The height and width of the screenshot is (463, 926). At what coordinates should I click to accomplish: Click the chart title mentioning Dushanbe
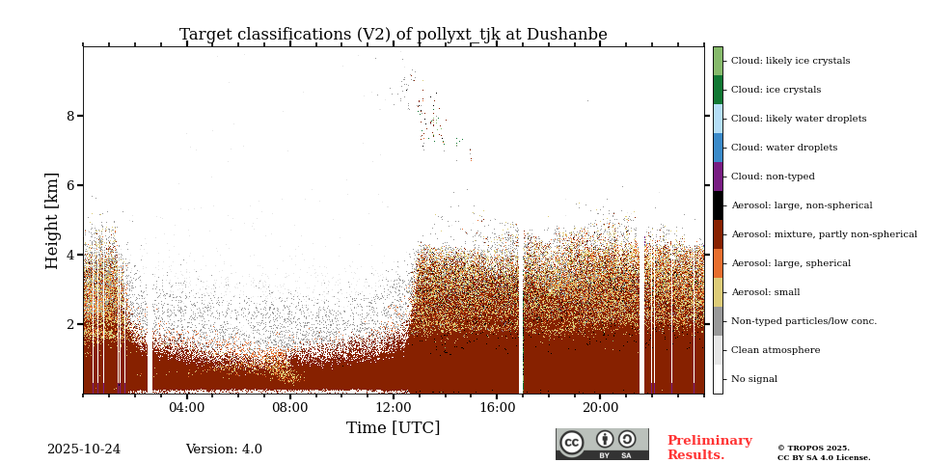click(393, 35)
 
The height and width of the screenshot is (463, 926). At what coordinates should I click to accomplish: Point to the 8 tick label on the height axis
click(69, 116)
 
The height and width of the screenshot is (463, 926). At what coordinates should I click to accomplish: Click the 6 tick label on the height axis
click(69, 185)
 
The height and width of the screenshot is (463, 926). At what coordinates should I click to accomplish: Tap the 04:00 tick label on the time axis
click(186, 408)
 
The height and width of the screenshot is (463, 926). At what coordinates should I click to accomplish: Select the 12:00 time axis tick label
click(393, 408)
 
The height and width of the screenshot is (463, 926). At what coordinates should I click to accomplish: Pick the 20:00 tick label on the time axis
click(599, 408)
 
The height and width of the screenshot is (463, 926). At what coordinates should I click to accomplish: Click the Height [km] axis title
click(52, 220)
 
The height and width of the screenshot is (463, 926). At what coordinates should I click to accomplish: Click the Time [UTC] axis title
click(393, 428)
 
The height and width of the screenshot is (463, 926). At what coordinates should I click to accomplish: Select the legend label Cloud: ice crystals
click(776, 90)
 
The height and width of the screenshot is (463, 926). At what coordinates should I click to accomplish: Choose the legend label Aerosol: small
click(765, 292)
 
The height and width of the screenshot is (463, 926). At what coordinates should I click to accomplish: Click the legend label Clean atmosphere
click(775, 350)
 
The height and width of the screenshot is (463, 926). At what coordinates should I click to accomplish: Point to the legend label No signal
click(753, 379)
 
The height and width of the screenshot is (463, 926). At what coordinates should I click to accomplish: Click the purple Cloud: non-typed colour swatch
click(718, 177)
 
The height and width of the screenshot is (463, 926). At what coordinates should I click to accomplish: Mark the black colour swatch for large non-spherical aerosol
click(718, 205)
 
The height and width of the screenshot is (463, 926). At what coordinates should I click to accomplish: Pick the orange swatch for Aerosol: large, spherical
click(718, 263)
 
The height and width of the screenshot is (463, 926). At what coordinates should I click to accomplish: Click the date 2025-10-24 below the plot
click(84, 449)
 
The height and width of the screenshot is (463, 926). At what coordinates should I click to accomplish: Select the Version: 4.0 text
click(224, 449)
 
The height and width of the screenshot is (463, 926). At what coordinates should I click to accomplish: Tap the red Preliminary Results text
click(709, 448)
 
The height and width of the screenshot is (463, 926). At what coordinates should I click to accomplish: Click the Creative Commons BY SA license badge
click(602, 444)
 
